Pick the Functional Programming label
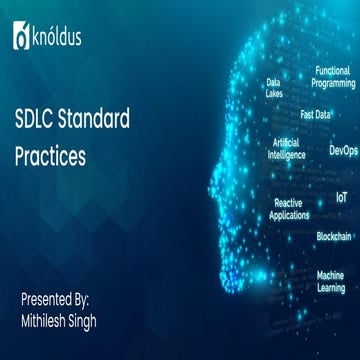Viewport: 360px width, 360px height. (333, 76)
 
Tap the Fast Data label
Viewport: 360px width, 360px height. (316, 114)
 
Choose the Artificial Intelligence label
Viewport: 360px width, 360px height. (287, 148)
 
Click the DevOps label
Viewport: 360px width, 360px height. (343, 150)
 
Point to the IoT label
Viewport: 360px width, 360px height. (342, 198)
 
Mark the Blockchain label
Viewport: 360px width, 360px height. (334, 236)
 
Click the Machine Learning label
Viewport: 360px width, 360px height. (331, 281)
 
